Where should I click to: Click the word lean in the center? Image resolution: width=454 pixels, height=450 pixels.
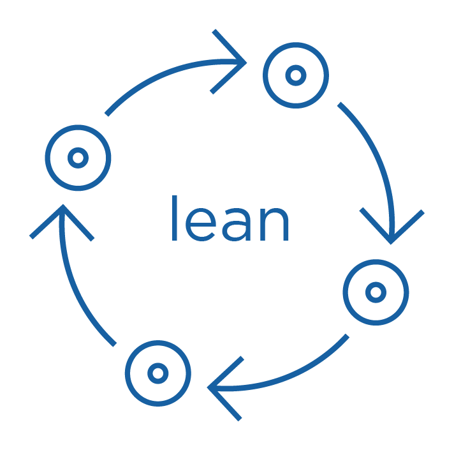230,220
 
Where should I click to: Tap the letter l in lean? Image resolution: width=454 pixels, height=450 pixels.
174,219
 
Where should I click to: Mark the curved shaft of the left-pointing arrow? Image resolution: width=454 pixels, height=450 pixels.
294,373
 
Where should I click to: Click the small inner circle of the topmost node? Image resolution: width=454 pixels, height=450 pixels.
295,75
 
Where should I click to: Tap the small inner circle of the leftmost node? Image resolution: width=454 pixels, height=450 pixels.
78,158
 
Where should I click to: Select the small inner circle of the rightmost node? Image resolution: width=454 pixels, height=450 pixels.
376,292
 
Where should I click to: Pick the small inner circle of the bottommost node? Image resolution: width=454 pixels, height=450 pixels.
157,373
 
